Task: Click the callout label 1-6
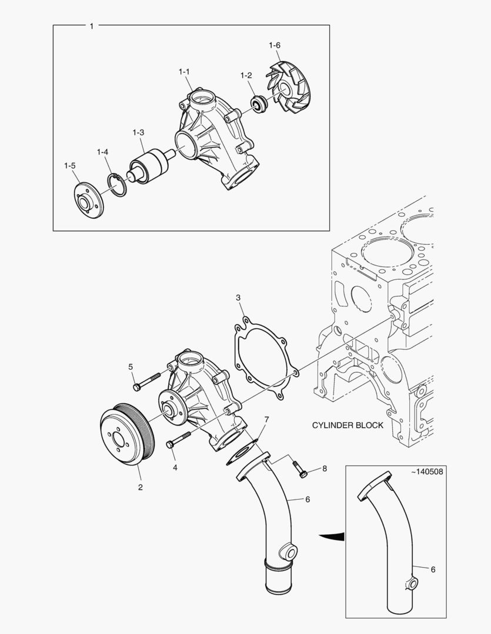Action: (275, 45)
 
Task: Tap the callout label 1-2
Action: (246, 76)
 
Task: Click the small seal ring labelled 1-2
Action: (258, 104)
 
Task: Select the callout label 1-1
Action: (184, 72)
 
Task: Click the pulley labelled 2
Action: (126, 433)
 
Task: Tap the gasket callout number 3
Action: (238, 298)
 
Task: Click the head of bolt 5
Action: (137, 387)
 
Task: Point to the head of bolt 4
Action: (171, 444)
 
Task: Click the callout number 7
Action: (266, 420)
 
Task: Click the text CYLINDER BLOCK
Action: (348, 425)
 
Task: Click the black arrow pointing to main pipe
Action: (333, 536)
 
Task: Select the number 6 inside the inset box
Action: (433, 569)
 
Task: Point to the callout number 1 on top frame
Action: (91, 26)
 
